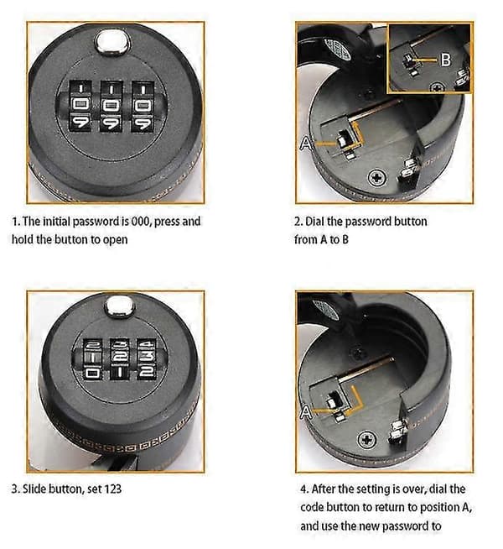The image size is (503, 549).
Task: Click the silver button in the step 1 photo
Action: coord(112,42)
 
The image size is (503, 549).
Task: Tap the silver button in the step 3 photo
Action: coord(120,306)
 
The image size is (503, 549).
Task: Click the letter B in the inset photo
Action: coord(445,60)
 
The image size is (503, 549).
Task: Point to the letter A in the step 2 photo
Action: coord(305,144)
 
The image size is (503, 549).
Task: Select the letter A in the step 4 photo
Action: coord(306,412)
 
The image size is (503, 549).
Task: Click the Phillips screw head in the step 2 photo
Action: coord(377,177)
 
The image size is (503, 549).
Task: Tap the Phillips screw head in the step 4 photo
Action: coord(367,439)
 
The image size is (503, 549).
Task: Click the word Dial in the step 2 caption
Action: coord(314,222)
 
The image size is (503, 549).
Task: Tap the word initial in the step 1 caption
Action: coord(57,222)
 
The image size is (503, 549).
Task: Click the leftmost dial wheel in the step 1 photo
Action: coord(80,107)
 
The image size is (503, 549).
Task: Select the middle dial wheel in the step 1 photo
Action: coord(111,107)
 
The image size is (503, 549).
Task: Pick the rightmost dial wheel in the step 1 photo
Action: coord(143,107)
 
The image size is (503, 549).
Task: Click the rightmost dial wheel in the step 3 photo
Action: coord(147,359)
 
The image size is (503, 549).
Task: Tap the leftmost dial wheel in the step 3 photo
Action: coord(92,359)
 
